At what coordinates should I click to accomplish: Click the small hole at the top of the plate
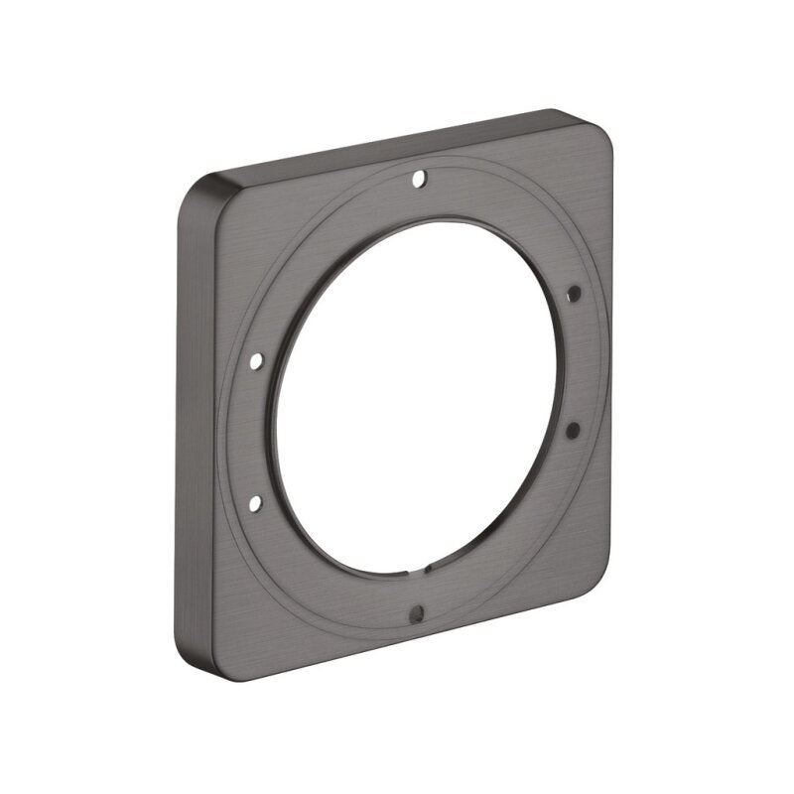pyautogui.click(x=419, y=180)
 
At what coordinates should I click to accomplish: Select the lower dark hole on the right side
pyautogui.click(x=573, y=428)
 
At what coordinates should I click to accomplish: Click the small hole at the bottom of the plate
pyautogui.click(x=417, y=611)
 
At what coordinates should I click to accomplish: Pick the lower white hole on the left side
pyautogui.click(x=256, y=504)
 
